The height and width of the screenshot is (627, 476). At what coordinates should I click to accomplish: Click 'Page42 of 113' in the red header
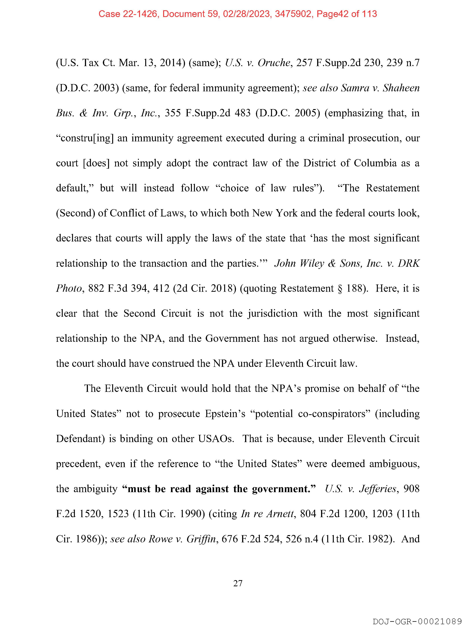347,14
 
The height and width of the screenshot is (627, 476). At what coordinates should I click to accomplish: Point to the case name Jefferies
377,489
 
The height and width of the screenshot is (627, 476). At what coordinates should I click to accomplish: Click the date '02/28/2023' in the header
246,14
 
